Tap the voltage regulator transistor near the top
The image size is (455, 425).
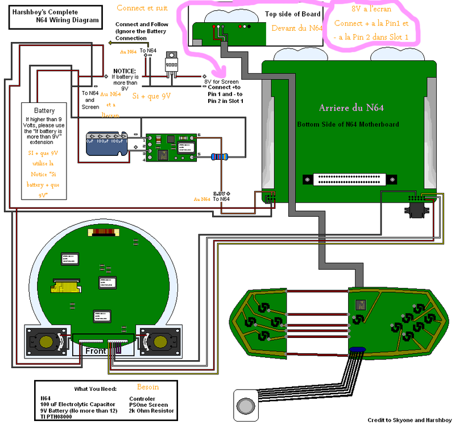pos(171,62)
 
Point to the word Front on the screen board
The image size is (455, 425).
pos(97,351)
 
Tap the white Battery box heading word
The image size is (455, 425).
pos(44,111)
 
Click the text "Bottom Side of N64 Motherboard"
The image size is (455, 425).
pos(348,124)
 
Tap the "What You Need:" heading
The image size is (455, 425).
pos(95,389)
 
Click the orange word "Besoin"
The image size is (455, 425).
pos(148,387)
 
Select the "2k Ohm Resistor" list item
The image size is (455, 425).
pos(152,410)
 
